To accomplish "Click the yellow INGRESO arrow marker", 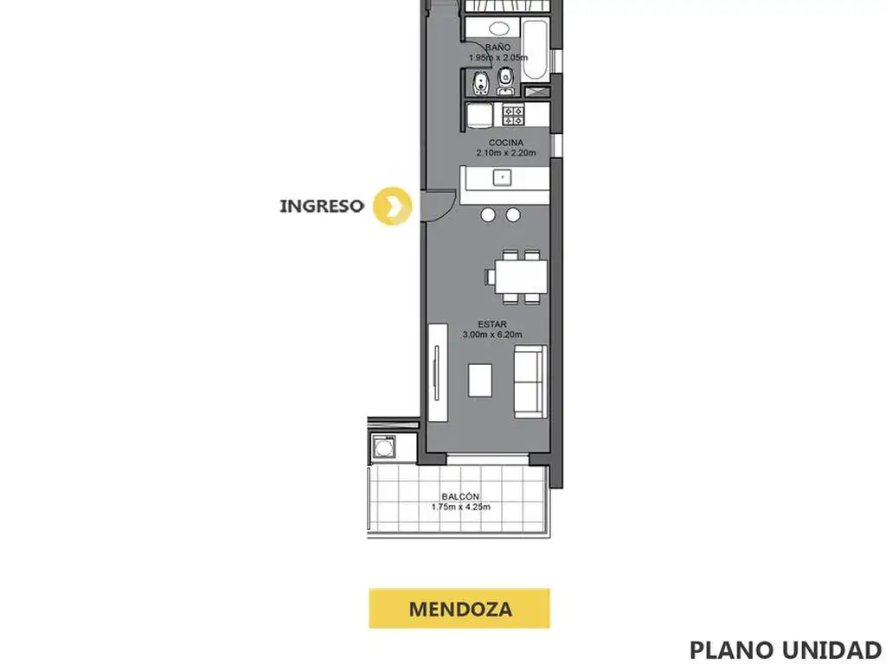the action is [392, 206].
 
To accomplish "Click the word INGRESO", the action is [322, 206].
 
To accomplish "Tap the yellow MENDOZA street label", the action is [459, 609].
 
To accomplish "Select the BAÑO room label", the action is [498, 48].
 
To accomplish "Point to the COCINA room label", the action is [505, 143].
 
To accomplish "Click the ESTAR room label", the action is [492, 324].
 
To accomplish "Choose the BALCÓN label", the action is [460, 496].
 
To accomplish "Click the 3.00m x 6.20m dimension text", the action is [492, 335].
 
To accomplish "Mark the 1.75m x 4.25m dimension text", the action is [460, 507].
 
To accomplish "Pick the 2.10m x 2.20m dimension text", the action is [505, 152].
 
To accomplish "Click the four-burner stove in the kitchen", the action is [514, 115].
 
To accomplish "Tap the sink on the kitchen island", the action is [503, 177].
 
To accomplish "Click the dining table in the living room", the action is [522, 277].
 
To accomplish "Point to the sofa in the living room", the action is [530, 381].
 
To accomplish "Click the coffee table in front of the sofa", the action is [479, 380].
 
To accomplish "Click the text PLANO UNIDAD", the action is [786, 650].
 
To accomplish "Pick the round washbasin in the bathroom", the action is [498, 29].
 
